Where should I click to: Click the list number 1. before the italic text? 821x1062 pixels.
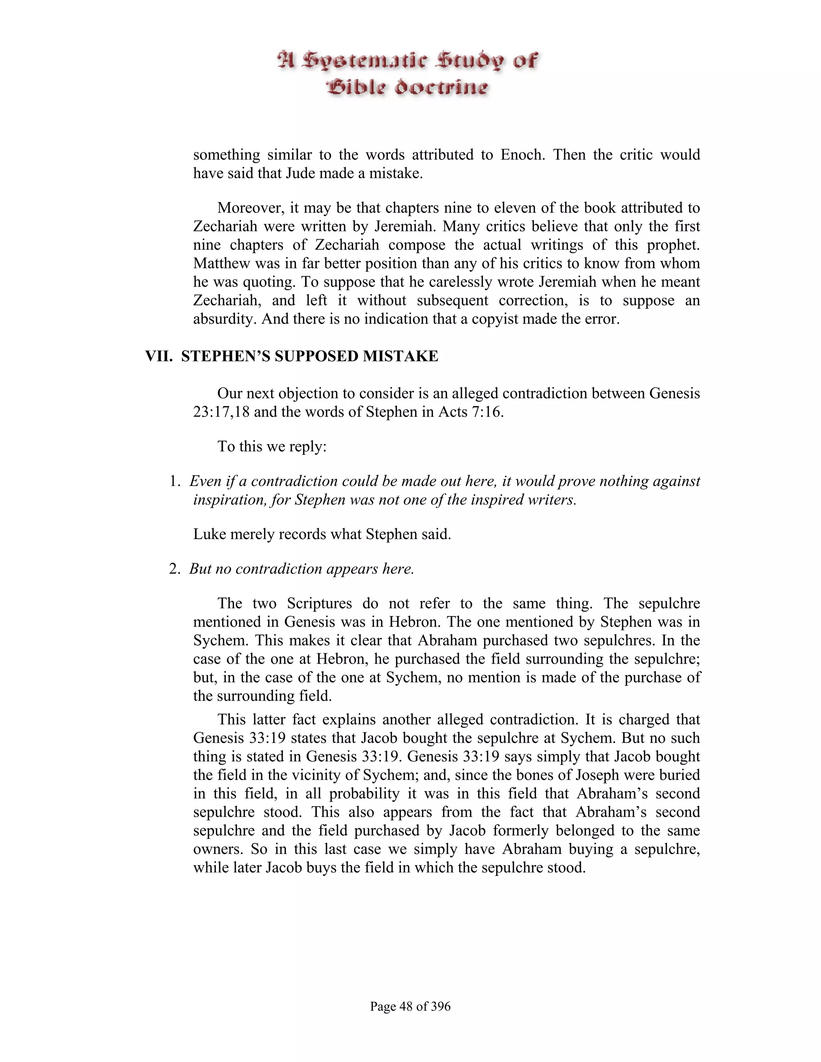[x=175, y=481]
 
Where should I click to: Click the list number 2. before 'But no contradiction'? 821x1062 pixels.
[x=175, y=568]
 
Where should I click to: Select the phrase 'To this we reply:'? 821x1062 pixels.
[x=271, y=446]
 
